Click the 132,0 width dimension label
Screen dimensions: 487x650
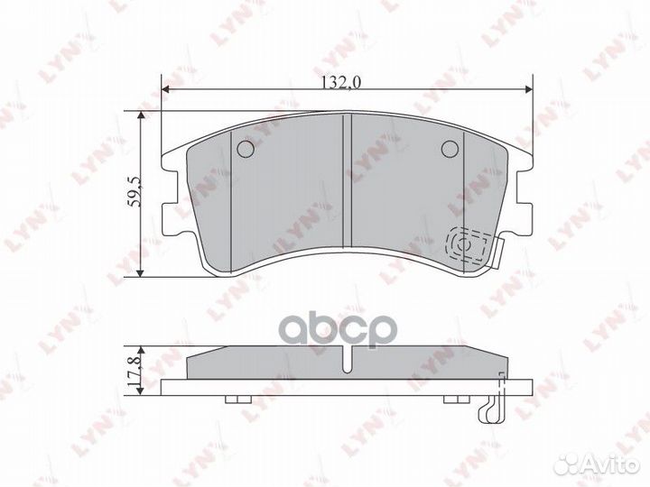342,81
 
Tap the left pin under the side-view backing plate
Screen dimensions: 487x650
237,400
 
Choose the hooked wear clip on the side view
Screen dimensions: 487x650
488,406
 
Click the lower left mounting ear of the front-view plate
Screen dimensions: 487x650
168,222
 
